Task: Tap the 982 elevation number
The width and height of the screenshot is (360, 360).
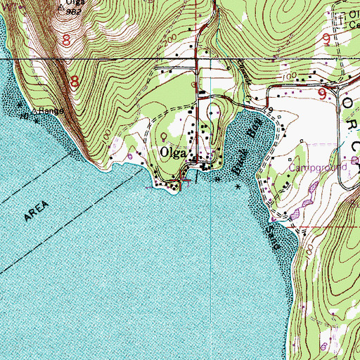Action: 73,13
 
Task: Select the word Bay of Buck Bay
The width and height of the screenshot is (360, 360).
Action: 244,131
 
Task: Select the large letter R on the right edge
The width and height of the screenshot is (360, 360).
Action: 351,133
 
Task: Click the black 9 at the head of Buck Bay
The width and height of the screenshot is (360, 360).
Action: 269,110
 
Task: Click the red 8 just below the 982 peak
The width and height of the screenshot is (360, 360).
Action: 66,41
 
